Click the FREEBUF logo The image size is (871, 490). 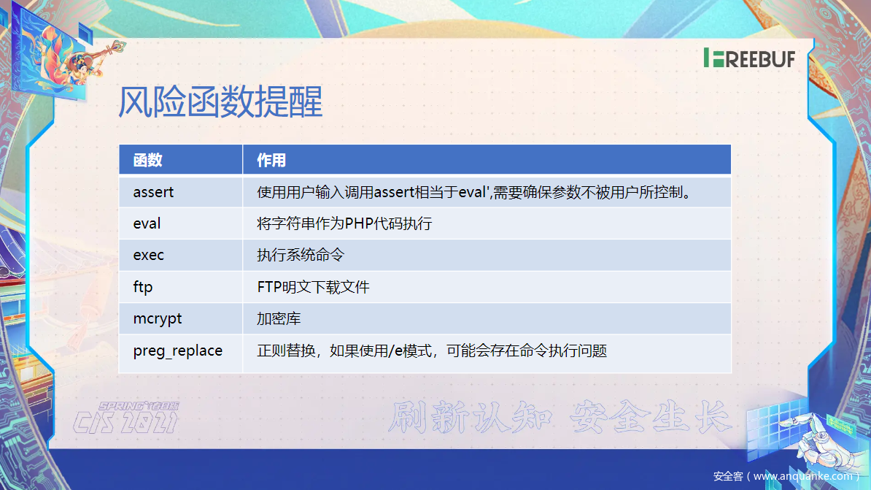[x=749, y=58]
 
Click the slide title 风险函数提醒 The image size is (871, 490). [x=220, y=102]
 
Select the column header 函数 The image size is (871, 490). [x=148, y=160]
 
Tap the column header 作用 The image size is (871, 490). [x=271, y=160]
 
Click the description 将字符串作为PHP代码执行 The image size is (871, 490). [x=344, y=223]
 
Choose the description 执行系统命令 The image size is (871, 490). [x=301, y=255]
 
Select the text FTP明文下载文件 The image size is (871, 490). [x=313, y=287]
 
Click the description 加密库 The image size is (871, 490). [x=279, y=318]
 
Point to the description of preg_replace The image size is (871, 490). [x=432, y=351]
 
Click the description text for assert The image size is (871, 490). [x=474, y=192]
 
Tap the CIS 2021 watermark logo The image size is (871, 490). [x=126, y=418]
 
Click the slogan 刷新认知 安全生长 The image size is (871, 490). [x=559, y=416]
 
